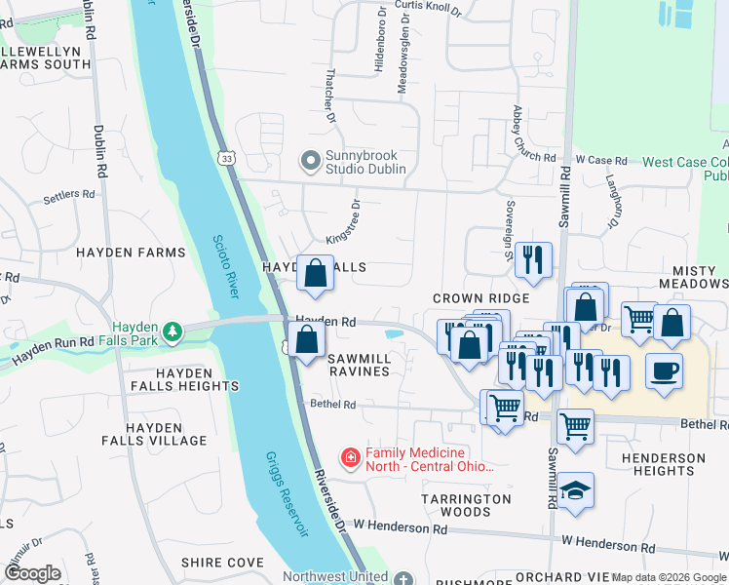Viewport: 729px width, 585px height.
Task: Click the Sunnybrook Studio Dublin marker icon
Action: pyautogui.click(x=311, y=161)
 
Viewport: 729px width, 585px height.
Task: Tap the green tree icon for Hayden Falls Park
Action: pyautogui.click(x=173, y=332)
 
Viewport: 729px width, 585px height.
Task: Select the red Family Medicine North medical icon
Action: pyautogui.click(x=349, y=456)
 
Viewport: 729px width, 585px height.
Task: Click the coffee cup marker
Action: pyautogui.click(x=664, y=372)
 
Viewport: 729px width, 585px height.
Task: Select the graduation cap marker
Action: pyautogui.click(x=576, y=490)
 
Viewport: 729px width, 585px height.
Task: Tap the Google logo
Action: pyautogui.click(x=32, y=573)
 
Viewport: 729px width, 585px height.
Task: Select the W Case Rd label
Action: pyautogui.click(x=600, y=159)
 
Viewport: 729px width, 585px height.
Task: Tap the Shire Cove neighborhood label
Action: pyautogui.click(x=222, y=563)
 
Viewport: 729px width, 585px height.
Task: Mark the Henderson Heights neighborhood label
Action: pyautogui.click(x=663, y=464)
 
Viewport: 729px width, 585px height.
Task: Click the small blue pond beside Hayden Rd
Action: pyautogui.click(x=395, y=334)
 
